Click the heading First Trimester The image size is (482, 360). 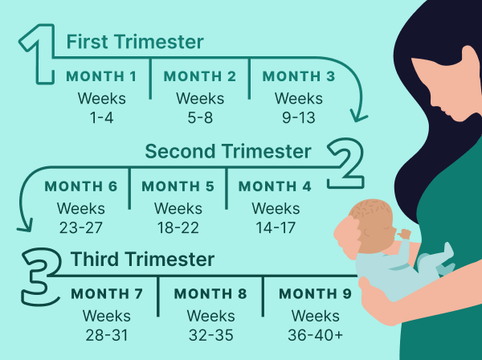point(135,42)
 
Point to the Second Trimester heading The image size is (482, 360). point(228,151)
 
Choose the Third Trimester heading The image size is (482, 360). point(142,259)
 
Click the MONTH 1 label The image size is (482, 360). point(101,76)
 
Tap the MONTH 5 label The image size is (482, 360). point(178,186)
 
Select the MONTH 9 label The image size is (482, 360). point(315,293)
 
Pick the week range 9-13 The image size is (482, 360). point(299,118)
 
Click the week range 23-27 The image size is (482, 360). point(81,227)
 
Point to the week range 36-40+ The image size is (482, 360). point(316,335)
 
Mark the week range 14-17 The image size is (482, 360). point(276,227)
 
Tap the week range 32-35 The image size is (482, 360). point(210,335)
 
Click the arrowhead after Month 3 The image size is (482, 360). point(358,117)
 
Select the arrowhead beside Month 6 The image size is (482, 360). point(25,226)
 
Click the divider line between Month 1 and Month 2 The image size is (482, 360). point(150,79)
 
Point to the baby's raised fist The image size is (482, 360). point(404,235)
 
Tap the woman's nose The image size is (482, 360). point(434,102)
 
